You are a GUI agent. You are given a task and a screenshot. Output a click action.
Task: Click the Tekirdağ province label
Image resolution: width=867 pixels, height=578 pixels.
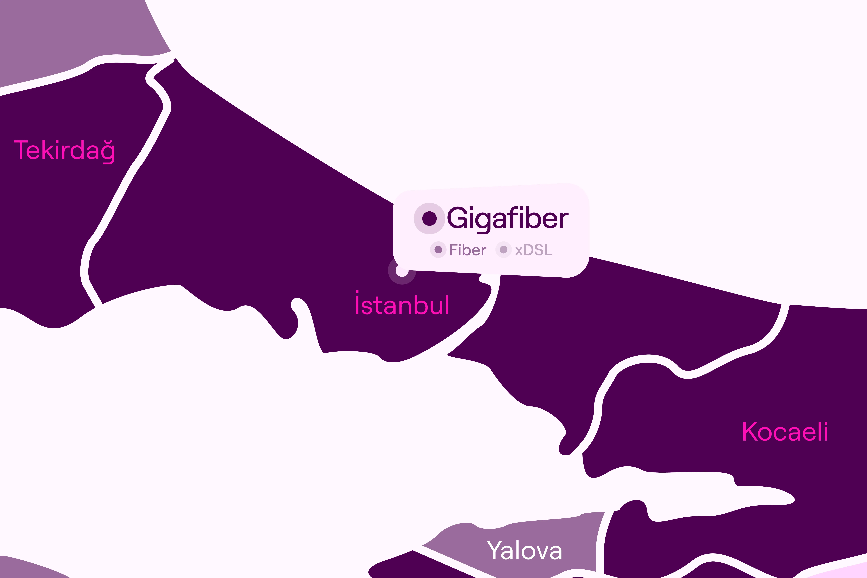click(x=65, y=150)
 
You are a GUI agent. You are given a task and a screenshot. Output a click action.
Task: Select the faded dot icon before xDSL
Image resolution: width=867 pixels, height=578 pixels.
click(x=504, y=250)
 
